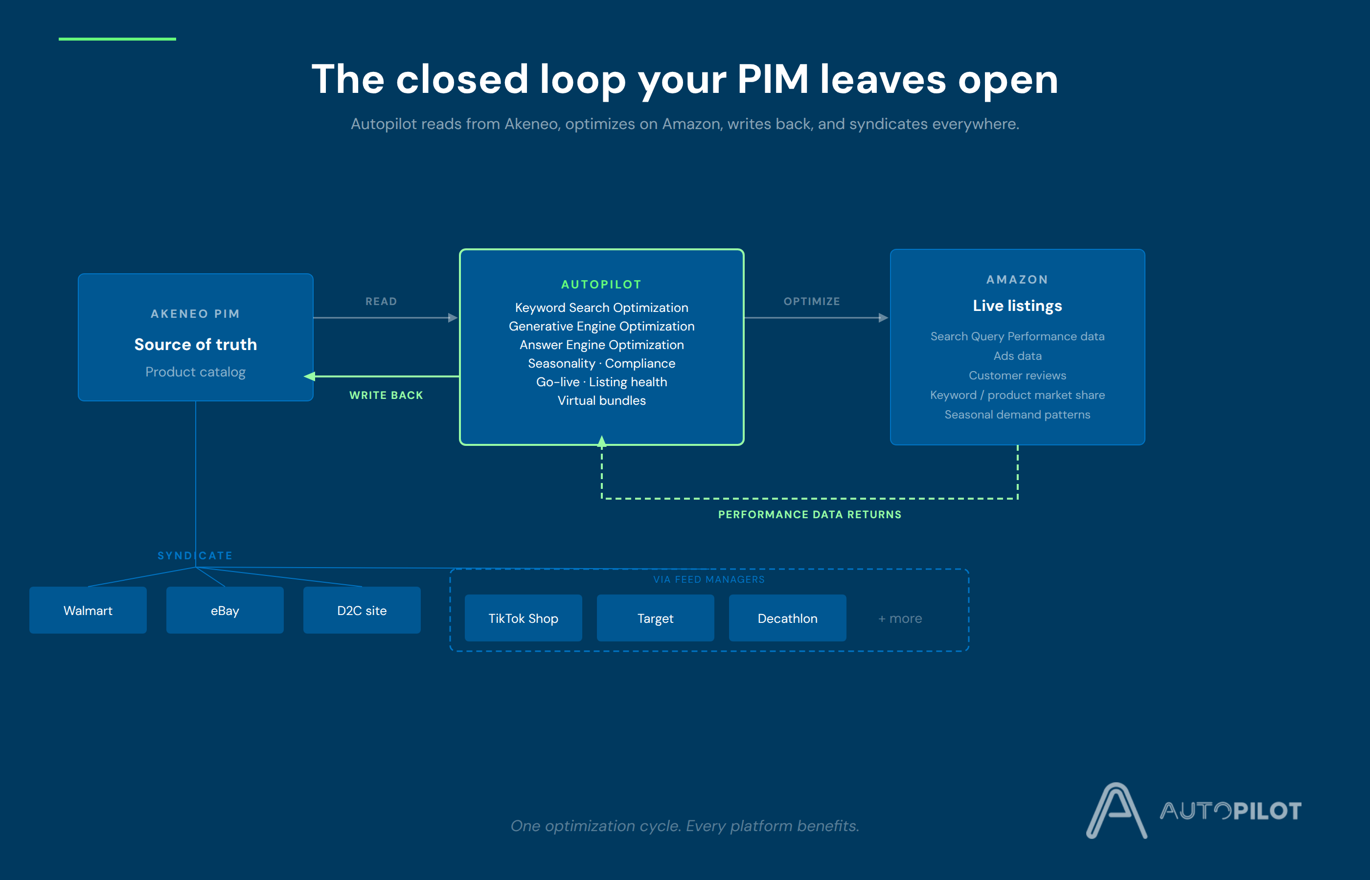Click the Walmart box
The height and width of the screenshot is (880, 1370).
pyautogui.click(x=88, y=610)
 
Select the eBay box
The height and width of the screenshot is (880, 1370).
pyautogui.click(x=225, y=610)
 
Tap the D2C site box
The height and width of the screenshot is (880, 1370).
pyautogui.click(x=362, y=610)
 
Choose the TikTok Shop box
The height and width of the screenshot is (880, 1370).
pyautogui.click(x=523, y=618)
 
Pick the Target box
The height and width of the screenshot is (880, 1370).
pyautogui.click(x=655, y=618)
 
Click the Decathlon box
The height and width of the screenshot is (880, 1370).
pyautogui.click(x=787, y=618)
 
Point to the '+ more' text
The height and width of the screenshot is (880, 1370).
pyautogui.click(x=900, y=618)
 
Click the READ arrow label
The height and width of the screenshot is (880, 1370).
pyautogui.click(x=381, y=301)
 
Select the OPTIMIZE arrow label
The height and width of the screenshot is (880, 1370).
pyautogui.click(x=812, y=301)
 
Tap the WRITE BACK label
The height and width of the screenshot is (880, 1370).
pyautogui.click(x=387, y=395)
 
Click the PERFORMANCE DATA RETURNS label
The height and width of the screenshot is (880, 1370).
pyautogui.click(x=810, y=514)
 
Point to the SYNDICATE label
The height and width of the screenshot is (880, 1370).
pyautogui.click(x=195, y=555)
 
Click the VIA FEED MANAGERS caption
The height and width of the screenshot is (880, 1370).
pyautogui.click(x=709, y=579)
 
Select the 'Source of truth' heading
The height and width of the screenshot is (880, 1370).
pyautogui.click(x=196, y=344)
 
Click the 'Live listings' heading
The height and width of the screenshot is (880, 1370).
pyautogui.click(x=1017, y=306)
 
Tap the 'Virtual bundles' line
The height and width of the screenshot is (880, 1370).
pyautogui.click(x=601, y=400)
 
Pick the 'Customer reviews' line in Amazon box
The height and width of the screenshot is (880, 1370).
pyautogui.click(x=1017, y=375)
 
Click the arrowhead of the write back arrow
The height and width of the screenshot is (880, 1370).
pyautogui.click(x=309, y=376)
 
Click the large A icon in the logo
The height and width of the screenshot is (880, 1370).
pyautogui.click(x=1116, y=810)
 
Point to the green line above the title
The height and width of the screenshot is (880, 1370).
pyautogui.click(x=117, y=39)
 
